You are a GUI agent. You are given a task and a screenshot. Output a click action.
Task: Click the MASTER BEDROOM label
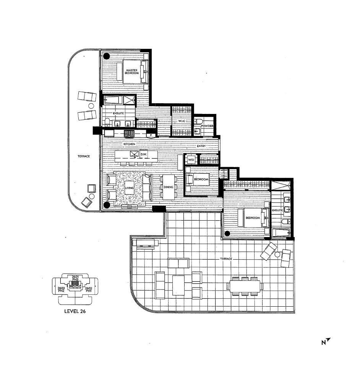coord(132,71)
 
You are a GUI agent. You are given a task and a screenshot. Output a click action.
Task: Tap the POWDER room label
coord(207,126)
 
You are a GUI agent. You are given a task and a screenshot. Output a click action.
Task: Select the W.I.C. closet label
coord(182,121)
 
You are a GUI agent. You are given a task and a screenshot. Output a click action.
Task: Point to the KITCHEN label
coord(129,144)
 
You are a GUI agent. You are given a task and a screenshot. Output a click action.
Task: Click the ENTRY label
coord(201,146)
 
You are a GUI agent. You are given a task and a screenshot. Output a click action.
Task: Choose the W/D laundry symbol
coord(191,160)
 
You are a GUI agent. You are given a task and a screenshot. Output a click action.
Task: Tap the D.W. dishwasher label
coord(143,154)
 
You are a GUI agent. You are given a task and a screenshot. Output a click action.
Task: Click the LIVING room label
coord(129,188)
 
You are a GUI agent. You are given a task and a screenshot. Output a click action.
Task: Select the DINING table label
coord(168,187)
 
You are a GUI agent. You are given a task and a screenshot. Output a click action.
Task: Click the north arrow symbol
coord(326,341)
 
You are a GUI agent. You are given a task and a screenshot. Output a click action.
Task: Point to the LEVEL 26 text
coord(75,311)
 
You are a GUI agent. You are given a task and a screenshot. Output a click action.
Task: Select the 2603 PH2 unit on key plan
coord(61,289)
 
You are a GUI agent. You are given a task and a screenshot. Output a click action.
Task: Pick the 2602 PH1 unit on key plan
coord(89,289)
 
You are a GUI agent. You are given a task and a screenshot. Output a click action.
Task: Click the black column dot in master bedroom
coord(107,56)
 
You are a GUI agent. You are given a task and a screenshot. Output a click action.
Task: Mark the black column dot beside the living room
coord(107,205)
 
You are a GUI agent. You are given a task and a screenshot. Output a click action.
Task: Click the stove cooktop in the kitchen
coord(129,133)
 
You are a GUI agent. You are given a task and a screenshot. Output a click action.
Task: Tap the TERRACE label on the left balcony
coord(84,156)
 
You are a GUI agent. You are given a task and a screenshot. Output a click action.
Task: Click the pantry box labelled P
coord(151,135)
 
